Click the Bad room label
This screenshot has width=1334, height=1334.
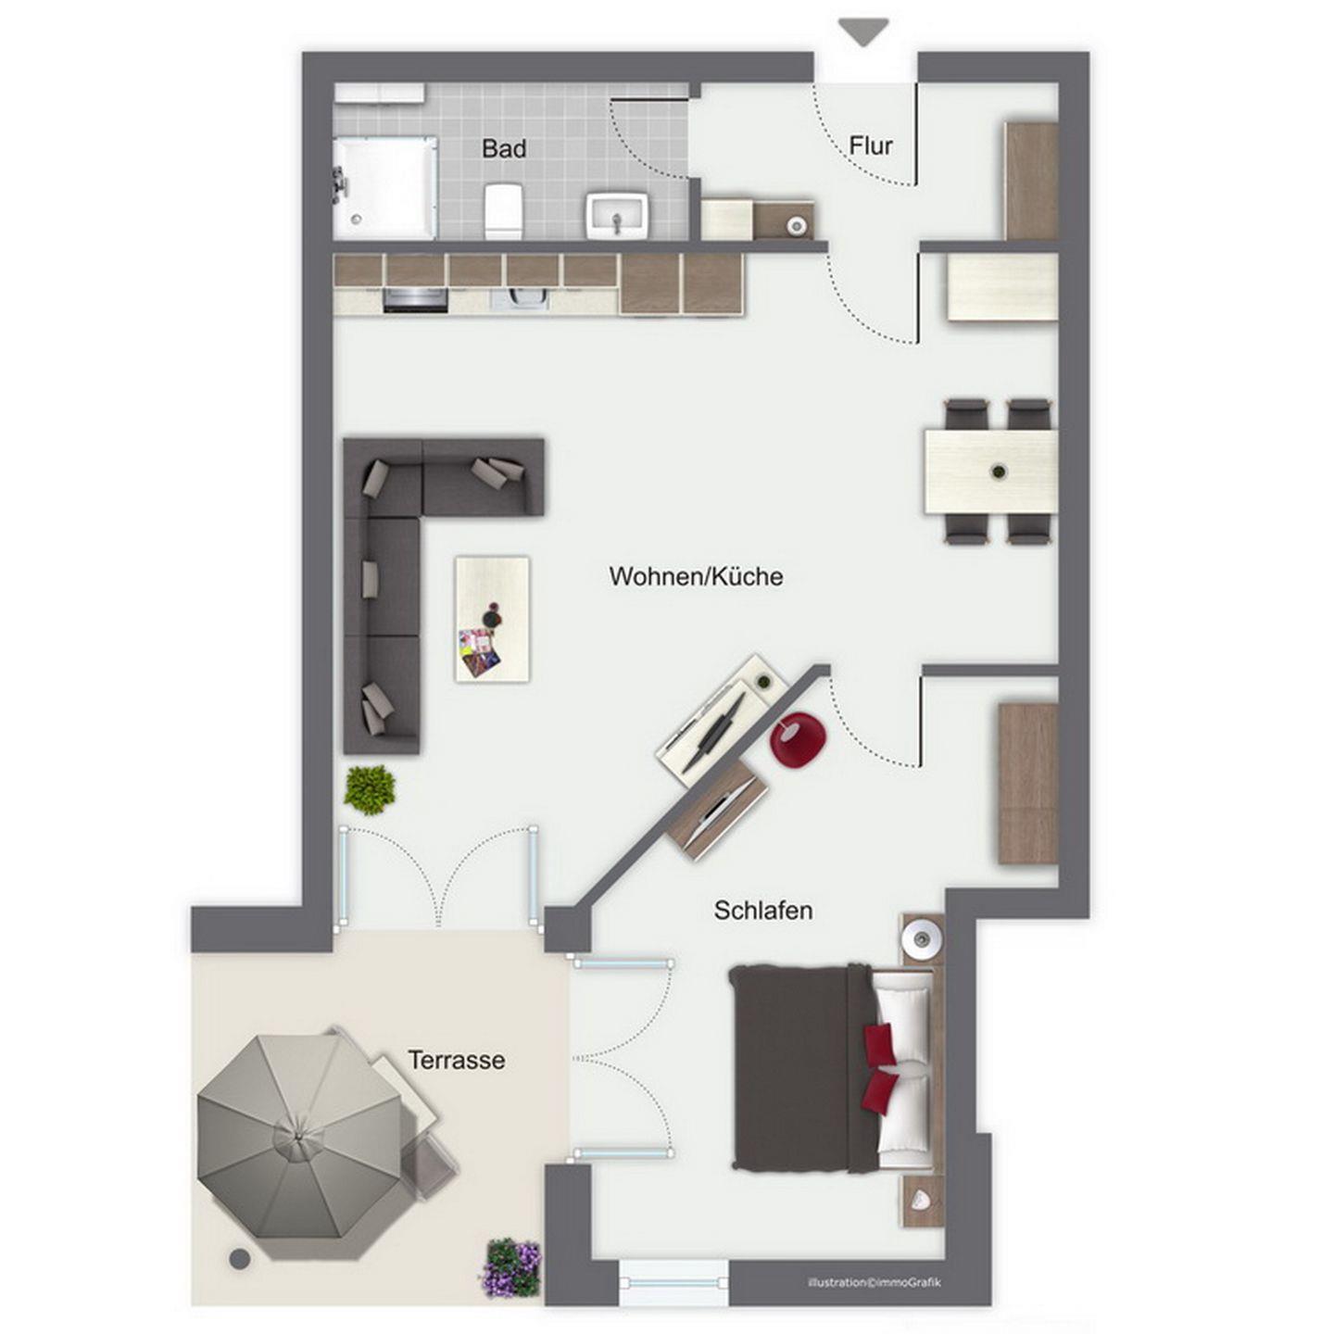503,148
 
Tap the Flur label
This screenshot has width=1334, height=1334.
870,145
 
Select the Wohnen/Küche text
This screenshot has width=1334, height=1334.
696,576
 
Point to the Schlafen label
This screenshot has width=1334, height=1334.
762,911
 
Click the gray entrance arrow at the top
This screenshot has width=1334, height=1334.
863,32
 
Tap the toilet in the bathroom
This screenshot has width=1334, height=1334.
502,210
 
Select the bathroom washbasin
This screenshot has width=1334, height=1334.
618,215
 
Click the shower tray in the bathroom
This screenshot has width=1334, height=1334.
384,188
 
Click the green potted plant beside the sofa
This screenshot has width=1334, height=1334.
371,790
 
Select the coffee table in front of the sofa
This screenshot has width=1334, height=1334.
492,619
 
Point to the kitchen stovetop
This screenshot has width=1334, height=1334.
415,297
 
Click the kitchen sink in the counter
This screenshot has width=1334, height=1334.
522,297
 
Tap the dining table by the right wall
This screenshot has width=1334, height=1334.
990,472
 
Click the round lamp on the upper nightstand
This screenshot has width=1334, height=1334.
922,938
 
